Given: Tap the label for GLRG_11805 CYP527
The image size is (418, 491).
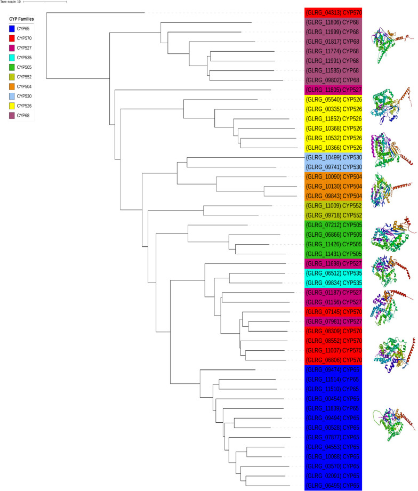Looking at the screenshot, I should (333, 90).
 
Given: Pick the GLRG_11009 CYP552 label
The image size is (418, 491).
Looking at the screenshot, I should (333, 205).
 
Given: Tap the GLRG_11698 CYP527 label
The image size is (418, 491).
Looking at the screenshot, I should (333, 263).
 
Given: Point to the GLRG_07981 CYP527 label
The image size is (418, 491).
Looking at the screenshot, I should (333, 321).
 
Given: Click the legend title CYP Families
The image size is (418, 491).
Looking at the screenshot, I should (22, 19).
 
